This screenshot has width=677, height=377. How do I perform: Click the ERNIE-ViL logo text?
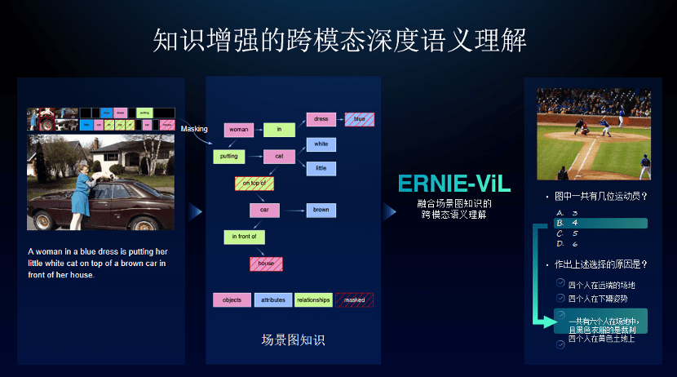pos(454,184)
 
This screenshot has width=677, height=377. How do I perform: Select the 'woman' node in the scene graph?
pos(239,129)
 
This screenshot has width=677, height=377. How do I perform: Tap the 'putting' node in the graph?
pos(228,155)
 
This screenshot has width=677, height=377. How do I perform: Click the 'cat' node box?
pos(279,155)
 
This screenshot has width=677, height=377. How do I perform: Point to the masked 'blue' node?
pos(359,119)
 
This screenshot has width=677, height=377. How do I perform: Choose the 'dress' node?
pos(321,119)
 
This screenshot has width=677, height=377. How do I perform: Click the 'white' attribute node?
pos(321,144)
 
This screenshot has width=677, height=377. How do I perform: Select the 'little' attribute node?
pos(321,168)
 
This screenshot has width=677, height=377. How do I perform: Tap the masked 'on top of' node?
pos(254,184)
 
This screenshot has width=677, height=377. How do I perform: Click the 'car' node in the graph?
pos(264,210)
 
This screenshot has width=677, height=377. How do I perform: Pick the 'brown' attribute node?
pos(321,210)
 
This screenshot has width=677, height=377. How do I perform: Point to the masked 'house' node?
pos(266,264)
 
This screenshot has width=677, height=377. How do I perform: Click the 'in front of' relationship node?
pos(244,237)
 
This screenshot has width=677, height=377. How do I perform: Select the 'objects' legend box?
pos(232,299)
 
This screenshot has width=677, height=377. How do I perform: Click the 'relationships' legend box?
pos(313,299)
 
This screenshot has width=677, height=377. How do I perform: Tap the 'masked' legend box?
pos(354,299)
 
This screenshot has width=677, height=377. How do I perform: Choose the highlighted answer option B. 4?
pos(600,223)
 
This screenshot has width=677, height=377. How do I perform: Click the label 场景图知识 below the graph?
pos(293,339)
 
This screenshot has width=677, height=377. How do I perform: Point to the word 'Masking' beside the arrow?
pos(194,129)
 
